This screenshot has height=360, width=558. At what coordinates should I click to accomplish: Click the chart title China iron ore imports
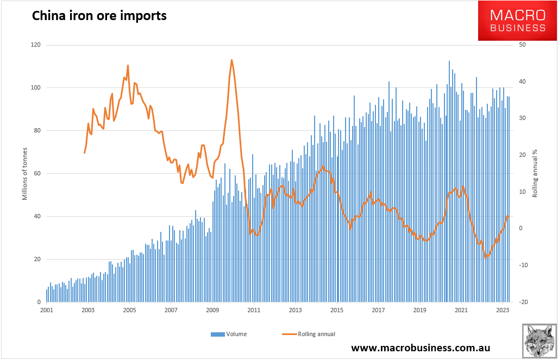tap(99, 16)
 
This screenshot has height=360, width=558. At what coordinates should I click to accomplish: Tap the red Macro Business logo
tap(517, 21)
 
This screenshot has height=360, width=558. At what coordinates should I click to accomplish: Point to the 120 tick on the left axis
tap(36, 45)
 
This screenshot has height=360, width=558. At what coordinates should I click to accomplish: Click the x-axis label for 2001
tap(46, 311)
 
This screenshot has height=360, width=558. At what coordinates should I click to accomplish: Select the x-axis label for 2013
tap(295, 311)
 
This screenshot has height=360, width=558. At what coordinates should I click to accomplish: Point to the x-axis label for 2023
tap(503, 311)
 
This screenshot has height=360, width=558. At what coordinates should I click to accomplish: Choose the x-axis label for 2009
tap(212, 311)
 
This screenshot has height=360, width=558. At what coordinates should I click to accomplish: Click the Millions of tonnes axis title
tap(24, 174)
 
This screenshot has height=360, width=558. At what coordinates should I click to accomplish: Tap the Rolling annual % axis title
tap(535, 174)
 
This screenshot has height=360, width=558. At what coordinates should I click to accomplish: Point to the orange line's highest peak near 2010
tap(231, 60)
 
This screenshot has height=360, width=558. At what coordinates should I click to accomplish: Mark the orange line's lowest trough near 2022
tap(486, 257)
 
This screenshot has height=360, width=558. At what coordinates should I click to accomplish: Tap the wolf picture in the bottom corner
tap(539, 342)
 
